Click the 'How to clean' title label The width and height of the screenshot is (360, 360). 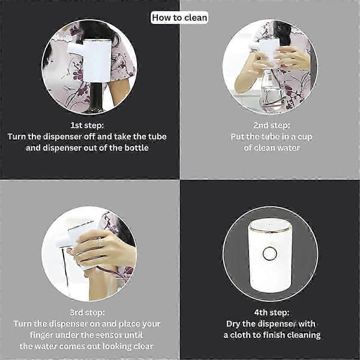pos(179,17)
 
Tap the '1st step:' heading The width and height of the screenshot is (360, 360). pos(87,125)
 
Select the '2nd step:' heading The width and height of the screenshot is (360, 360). pos(272,125)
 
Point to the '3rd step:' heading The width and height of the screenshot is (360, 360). pos(87,313)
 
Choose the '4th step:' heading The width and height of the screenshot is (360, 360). pos(272,313)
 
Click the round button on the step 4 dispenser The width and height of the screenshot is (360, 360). pos(270,253)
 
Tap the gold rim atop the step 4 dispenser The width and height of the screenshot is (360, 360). pos(271,227)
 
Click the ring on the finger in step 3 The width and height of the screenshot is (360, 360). pos(99,242)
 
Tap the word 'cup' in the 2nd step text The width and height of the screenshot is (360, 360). pos(305,137)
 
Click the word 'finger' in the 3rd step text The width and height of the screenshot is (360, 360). pos(41,335)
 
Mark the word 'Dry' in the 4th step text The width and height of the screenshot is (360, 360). pos(233,324)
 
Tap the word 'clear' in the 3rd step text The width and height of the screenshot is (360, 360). pos(144,346)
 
